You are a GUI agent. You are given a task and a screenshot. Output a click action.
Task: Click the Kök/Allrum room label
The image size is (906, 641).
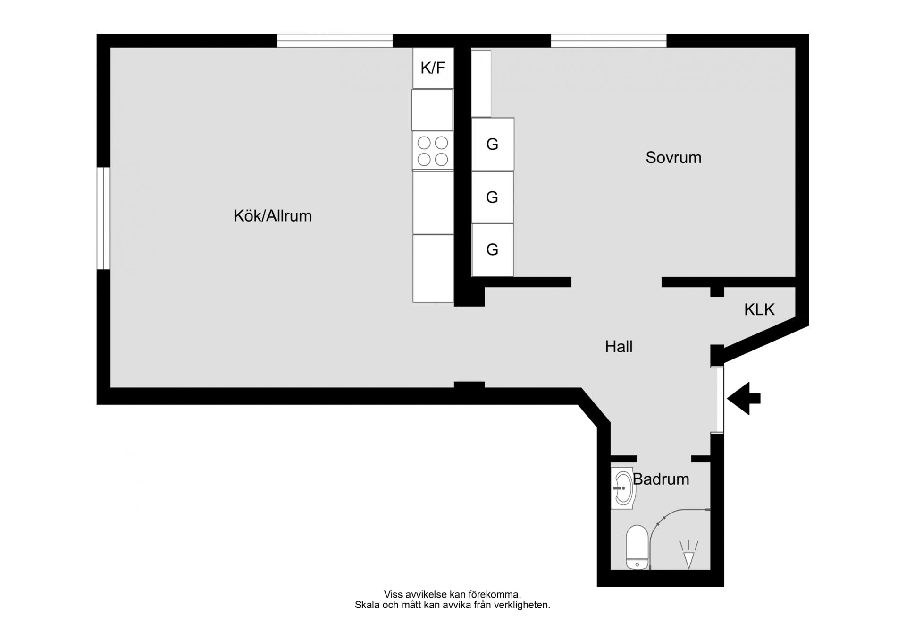[273, 216]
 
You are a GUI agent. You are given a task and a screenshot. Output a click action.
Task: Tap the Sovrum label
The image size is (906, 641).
[673, 157]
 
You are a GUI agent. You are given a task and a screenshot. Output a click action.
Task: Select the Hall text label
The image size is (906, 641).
[619, 347]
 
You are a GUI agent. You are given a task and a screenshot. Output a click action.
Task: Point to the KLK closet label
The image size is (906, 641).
[759, 309]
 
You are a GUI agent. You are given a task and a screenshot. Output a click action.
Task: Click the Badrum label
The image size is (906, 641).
[661, 479]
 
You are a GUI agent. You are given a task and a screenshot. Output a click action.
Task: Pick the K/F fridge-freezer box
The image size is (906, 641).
[433, 68]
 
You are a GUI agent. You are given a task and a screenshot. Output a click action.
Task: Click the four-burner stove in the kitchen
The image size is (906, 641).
[433, 151]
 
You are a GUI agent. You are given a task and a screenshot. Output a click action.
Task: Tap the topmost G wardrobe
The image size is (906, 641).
[493, 144]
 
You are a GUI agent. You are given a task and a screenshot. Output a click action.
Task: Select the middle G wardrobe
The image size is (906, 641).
[492, 197]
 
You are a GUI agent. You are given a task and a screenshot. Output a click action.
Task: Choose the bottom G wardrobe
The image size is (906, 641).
[492, 250]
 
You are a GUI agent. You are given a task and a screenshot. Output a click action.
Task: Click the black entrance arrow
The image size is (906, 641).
[744, 399]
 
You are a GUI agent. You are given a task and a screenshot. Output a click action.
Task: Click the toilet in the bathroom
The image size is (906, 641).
[637, 547]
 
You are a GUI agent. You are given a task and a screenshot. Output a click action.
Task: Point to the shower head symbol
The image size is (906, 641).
[689, 554]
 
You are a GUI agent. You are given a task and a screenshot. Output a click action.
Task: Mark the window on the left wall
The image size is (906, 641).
[103, 218]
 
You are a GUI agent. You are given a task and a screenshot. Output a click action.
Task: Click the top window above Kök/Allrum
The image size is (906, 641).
[335, 41]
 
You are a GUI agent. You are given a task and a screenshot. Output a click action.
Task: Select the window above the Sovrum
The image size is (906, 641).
[609, 41]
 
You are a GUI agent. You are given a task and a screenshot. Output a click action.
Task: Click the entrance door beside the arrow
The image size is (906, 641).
[717, 400]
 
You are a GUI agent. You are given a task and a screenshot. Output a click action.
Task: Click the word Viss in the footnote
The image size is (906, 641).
[394, 595]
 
